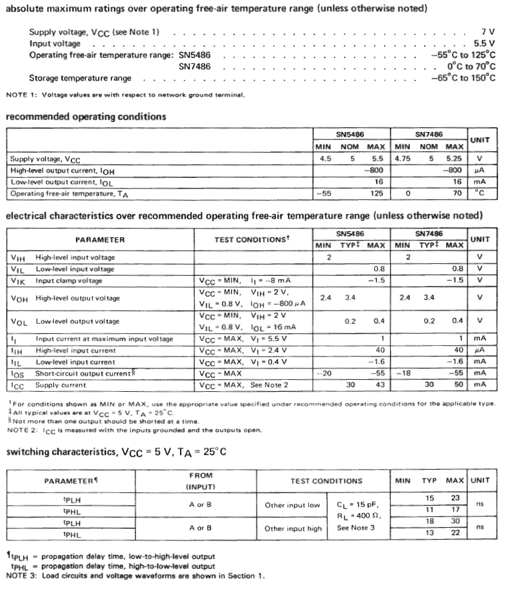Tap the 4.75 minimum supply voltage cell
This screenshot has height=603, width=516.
[402, 159]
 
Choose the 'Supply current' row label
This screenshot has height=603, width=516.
[61, 384]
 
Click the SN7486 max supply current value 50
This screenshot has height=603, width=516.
[457, 384]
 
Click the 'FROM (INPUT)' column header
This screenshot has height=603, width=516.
[201, 481]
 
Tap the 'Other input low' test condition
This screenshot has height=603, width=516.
[293, 505]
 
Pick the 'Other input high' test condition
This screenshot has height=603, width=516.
[293, 528]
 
